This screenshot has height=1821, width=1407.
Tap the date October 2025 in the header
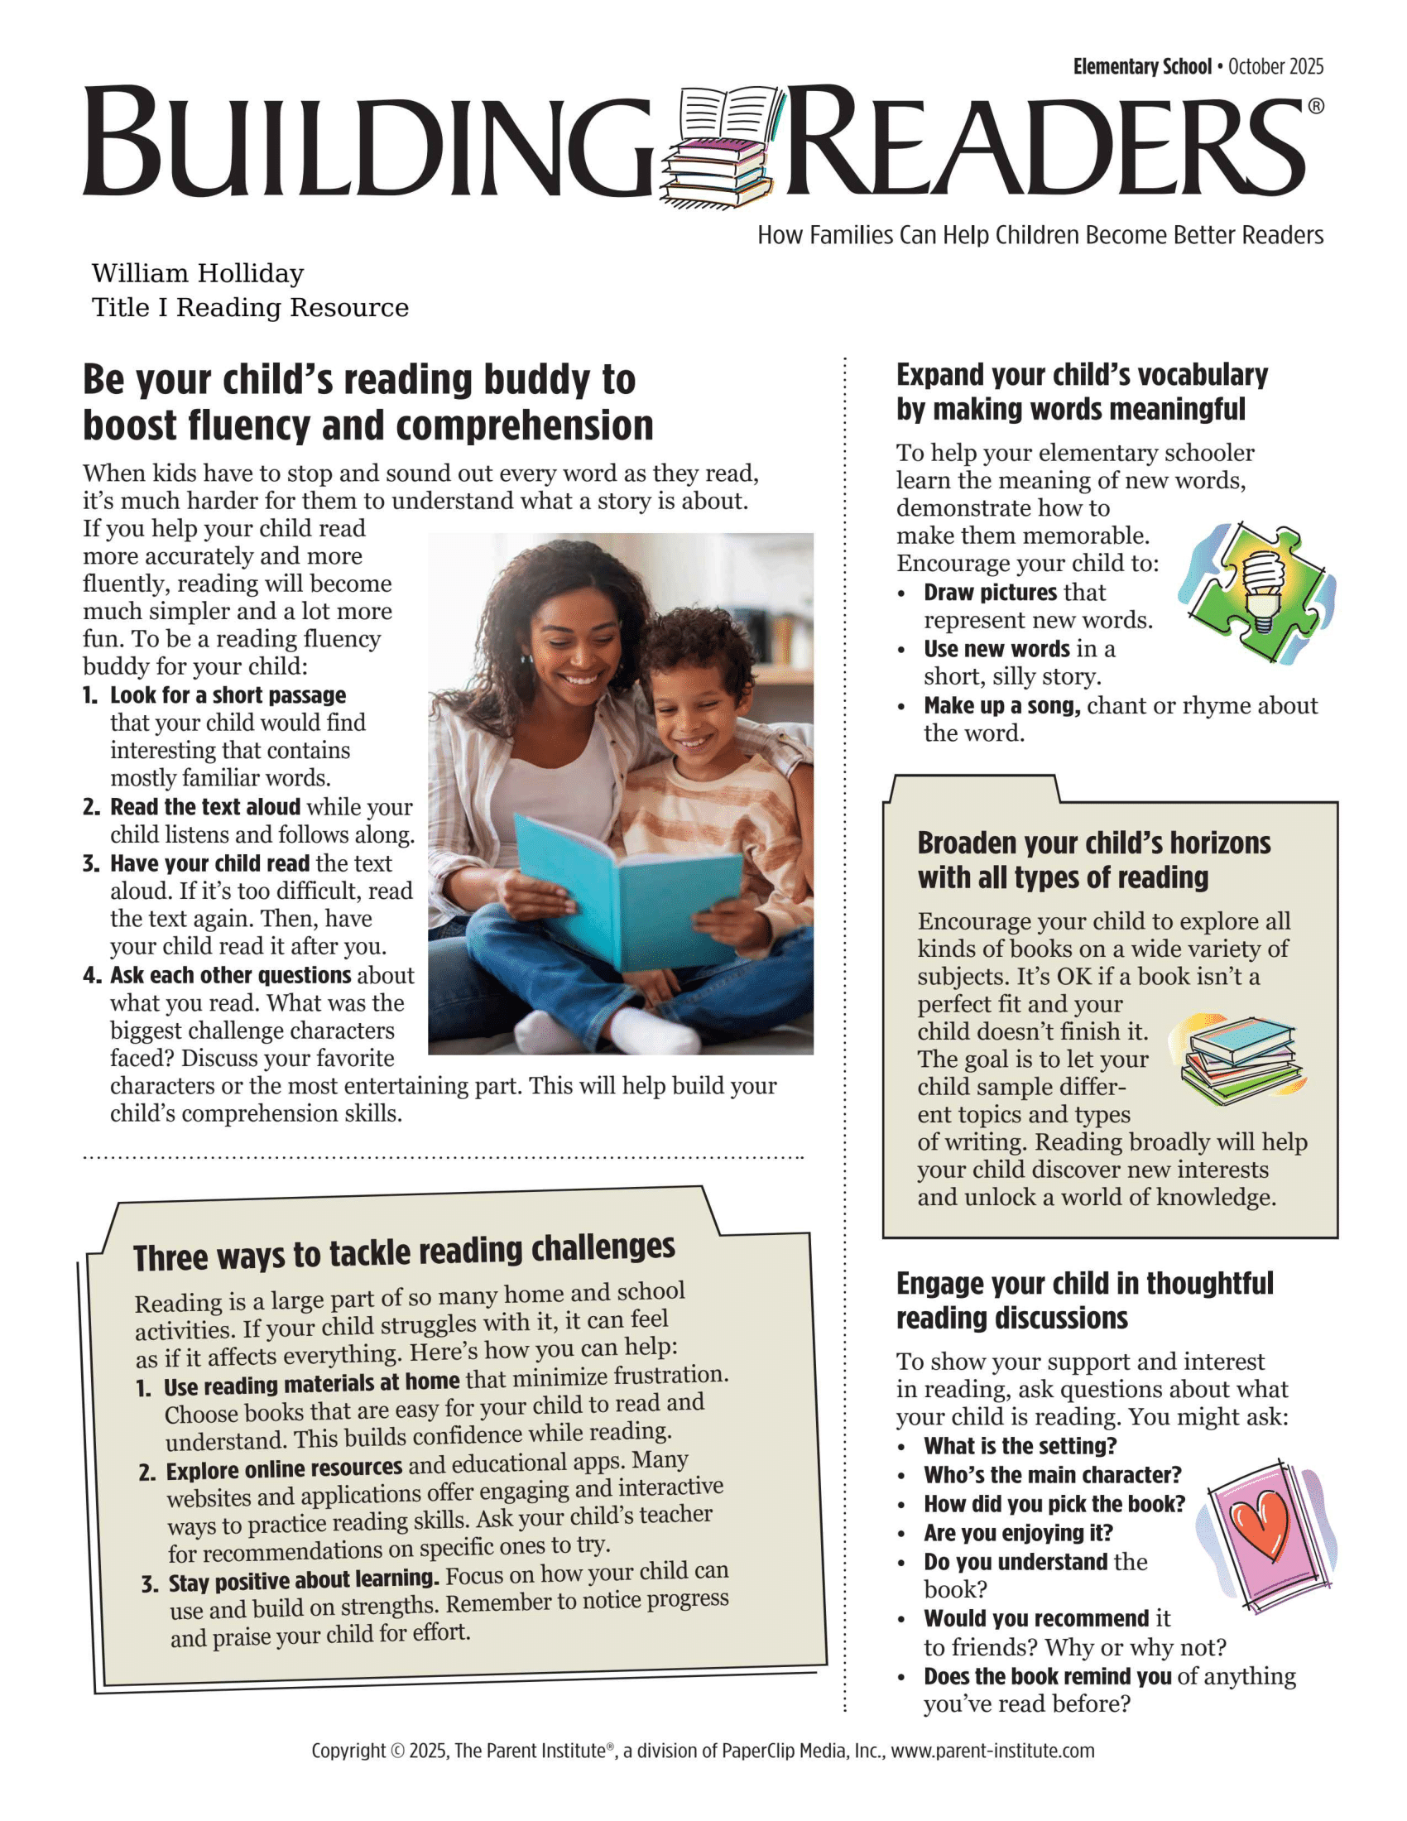click(x=1275, y=67)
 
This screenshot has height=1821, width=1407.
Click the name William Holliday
click(x=198, y=273)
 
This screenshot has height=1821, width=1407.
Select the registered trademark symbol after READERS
click(x=1315, y=106)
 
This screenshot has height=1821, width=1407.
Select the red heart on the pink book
click(x=1261, y=1525)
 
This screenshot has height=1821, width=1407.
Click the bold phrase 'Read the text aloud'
click(x=205, y=807)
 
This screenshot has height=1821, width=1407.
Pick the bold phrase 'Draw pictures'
click(x=990, y=593)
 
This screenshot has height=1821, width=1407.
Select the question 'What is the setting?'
click(x=1020, y=1446)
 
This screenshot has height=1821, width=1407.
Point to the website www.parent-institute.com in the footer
click(x=992, y=1750)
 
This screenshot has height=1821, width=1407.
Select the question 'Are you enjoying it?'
click(x=1018, y=1532)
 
